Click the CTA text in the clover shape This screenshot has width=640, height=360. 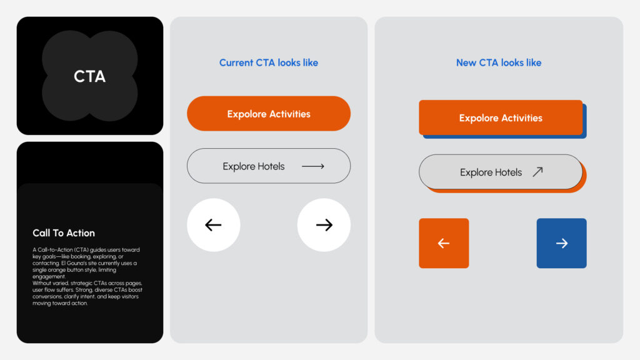click(89, 76)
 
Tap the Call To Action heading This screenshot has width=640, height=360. click(64, 233)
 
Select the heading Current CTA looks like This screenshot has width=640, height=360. click(269, 62)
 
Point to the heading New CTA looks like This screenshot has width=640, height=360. click(499, 62)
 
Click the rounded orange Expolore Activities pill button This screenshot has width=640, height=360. click(269, 114)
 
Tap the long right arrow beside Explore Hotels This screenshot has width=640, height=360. click(313, 166)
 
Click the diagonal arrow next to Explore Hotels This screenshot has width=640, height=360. click(538, 172)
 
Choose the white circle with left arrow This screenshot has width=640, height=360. click(214, 225)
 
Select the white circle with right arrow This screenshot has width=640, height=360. click(324, 225)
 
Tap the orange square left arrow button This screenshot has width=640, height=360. click(444, 243)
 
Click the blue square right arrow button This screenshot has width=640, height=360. click(562, 243)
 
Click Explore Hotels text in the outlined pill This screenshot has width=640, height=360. click(254, 166)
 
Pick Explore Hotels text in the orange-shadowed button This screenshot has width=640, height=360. click(491, 172)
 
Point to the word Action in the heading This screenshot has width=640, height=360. click(81, 233)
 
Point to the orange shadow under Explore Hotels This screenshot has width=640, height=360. click(584, 179)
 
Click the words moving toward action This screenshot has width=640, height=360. click(60, 303)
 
